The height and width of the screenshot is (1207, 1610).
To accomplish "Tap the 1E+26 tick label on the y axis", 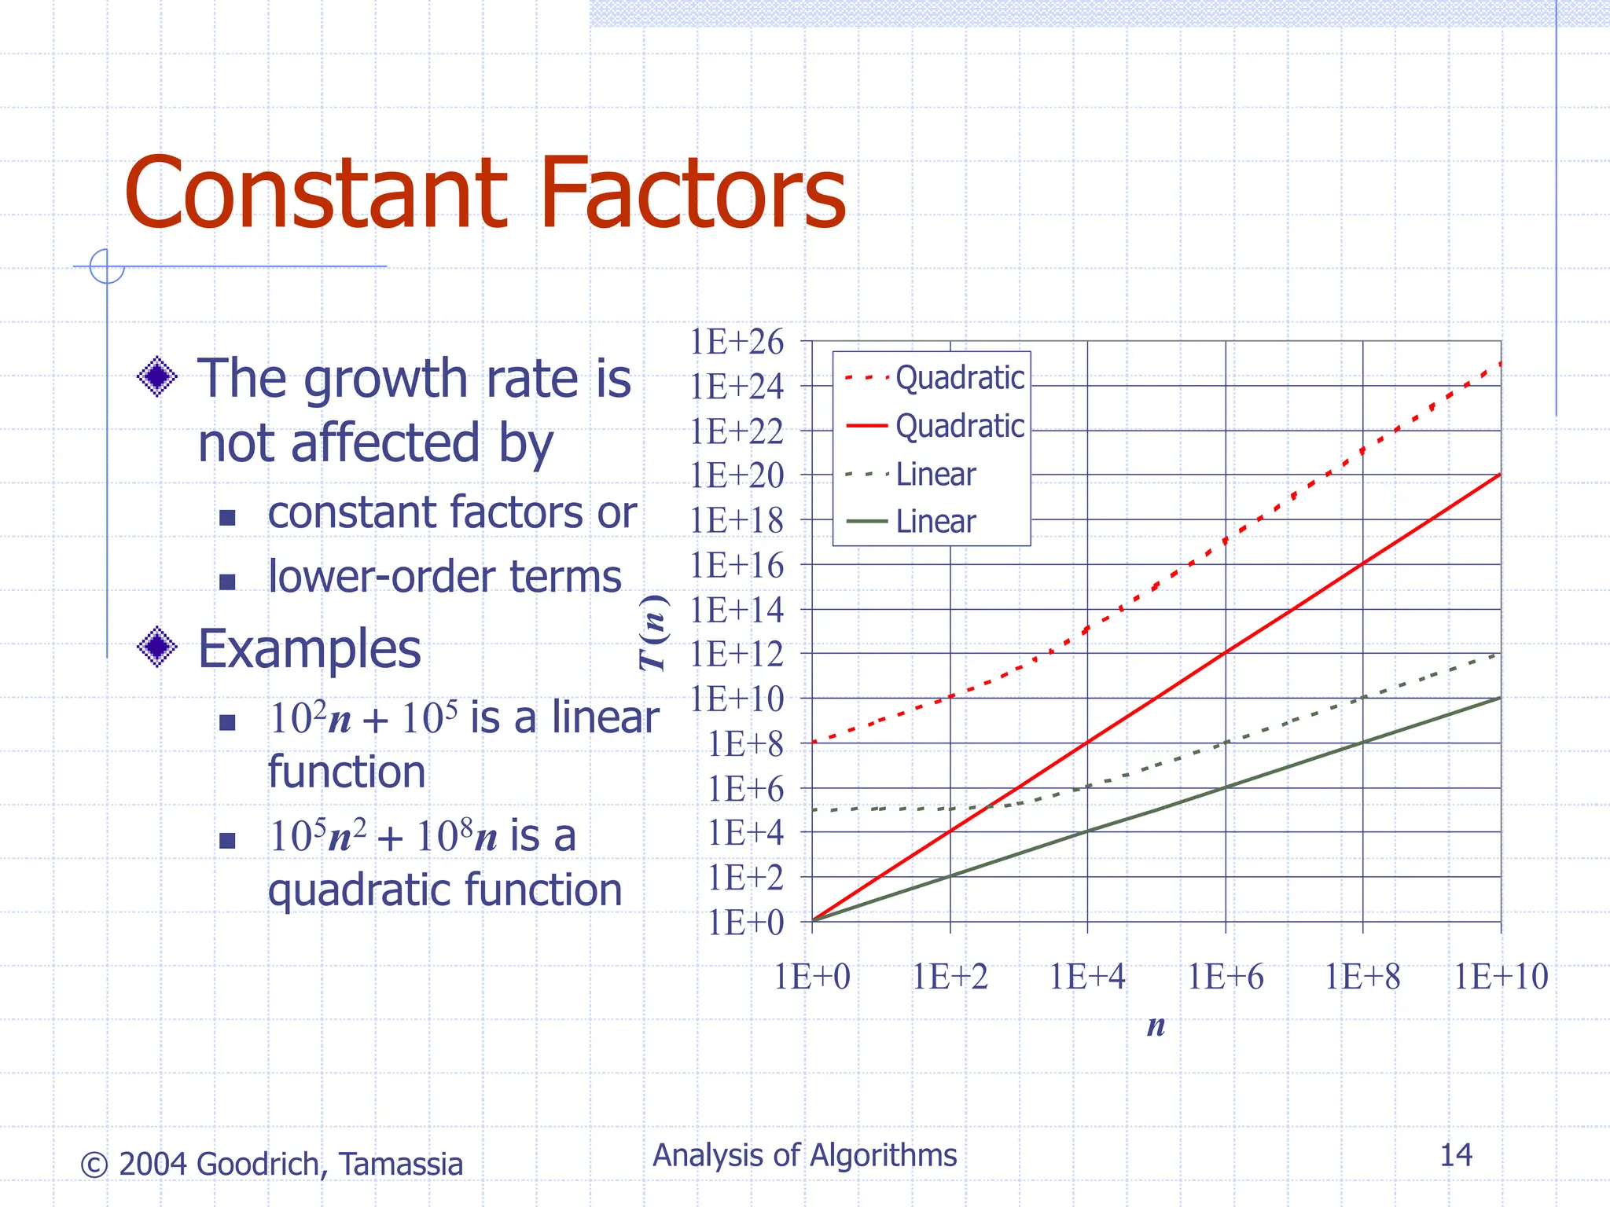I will tap(737, 342).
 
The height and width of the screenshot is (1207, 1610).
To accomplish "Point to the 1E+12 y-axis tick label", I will tap(737, 654).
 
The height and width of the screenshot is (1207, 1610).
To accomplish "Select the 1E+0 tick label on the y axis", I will tap(745, 923).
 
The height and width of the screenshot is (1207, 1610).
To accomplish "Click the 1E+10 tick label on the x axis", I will tap(1501, 978).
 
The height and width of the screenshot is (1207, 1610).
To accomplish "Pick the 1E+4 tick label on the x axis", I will tap(1087, 978).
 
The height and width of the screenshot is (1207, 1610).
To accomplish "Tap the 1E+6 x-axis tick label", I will tap(1225, 978).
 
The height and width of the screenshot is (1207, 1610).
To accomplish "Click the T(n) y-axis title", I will tap(654, 633).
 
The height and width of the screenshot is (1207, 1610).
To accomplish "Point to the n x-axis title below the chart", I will tap(1156, 1025).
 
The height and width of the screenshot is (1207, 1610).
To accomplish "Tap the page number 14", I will tap(1455, 1155).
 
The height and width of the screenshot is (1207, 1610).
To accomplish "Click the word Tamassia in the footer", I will tap(401, 1165).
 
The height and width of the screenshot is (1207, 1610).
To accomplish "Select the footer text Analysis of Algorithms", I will tap(804, 1155).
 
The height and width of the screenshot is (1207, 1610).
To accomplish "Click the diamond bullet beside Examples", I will tap(157, 647).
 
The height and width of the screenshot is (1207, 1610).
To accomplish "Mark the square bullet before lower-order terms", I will tap(228, 581).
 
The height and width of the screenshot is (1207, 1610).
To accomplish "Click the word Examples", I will tap(309, 649).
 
